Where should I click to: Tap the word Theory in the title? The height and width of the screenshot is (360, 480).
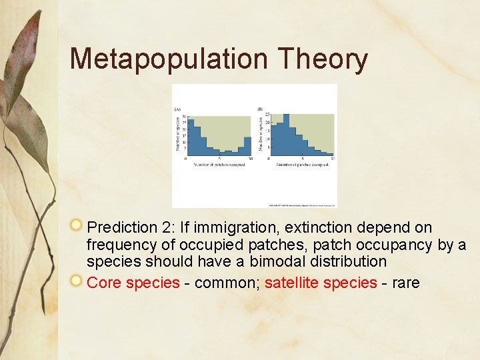pyautogui.click(x=323, y=59)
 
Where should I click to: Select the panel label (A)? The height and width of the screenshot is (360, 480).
pyautogui.click(x=177, y=109)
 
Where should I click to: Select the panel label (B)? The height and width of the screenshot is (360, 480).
pyautogui.click(x=260, y=109)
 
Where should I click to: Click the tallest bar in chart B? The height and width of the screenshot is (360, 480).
pyautogui.click(x=285, y=133)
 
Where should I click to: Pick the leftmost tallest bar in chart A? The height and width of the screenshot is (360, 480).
pyautogui.click(x=190, y=136)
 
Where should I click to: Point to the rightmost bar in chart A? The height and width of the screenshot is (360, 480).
pyautogui.click(x=249, y=145)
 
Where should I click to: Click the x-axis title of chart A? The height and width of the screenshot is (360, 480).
pyautogui.click(x=219, y=164)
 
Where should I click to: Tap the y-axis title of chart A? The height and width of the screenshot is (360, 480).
pyautogui.click(x=177, y=134)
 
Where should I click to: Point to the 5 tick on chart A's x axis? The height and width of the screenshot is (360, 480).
pyautogui.click(x=219, y=159)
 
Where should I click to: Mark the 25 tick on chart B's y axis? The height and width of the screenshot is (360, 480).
pyautogui.click(x=267, y=115)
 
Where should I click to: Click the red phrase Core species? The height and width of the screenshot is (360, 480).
pyautogui.click(x=133, y=283)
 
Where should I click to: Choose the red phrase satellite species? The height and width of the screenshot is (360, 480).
pyautogui.click(x=321, y=283)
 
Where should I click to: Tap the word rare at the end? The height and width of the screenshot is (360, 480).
pyautogui.click(x=406, y=283)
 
